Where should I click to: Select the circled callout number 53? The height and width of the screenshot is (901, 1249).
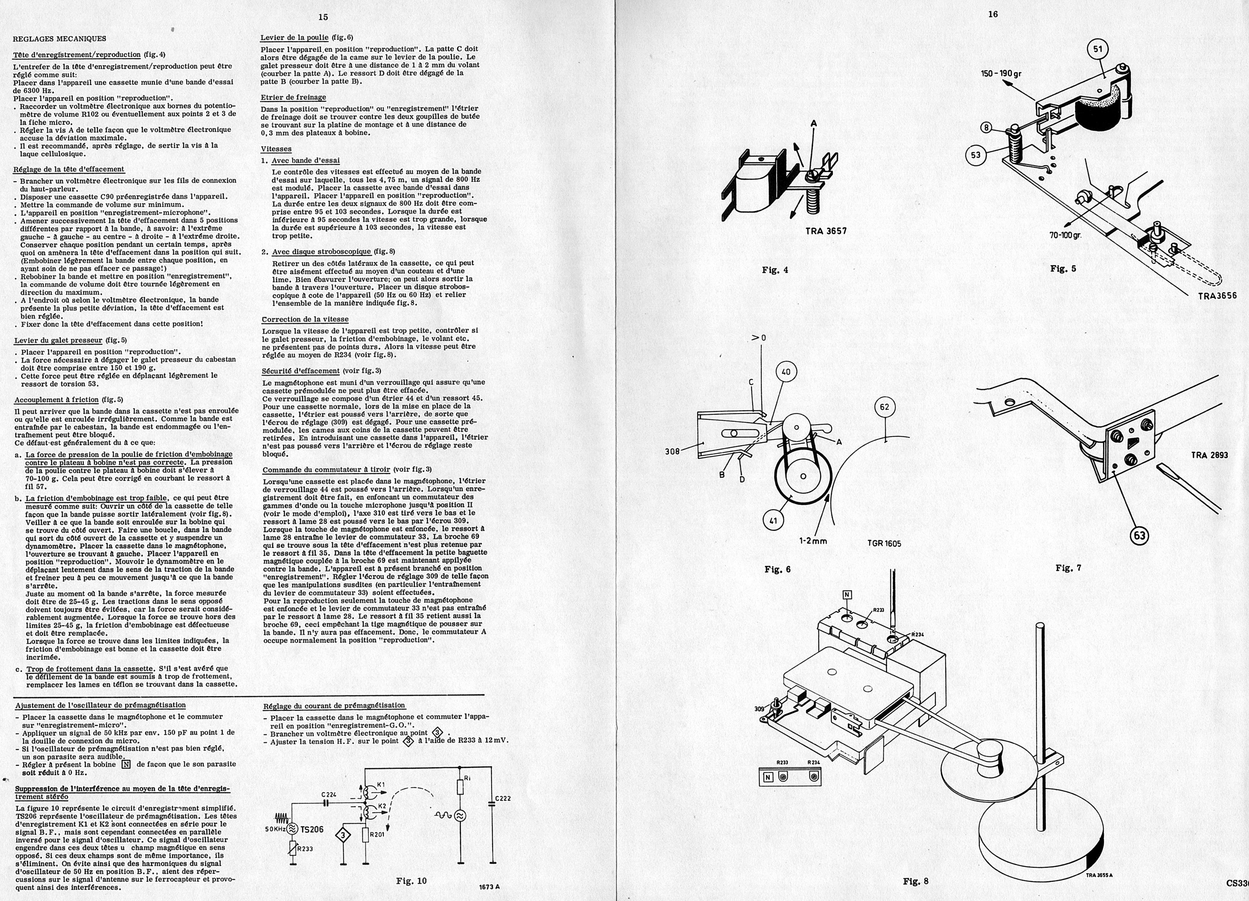pyautogui.click(x=975, y=155)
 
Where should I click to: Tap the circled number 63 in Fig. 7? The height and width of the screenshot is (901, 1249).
pyautogui.click(x=1139, y=535)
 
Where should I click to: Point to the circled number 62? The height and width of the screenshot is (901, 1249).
pyautogui.click(x=884, y=407)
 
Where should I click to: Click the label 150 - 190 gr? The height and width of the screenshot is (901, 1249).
pyautogui.click(x=1001, y=74)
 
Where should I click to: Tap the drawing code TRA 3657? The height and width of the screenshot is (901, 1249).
pyautogui.click(x=826, y=231)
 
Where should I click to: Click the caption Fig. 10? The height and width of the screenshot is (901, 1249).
pyautogui.click(x=411, y=881)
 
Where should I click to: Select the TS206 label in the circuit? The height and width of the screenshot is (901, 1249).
pyautogui.click(x=312, y=829)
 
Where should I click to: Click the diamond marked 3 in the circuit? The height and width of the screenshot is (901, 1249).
pyautogui.click(x=343, y=836)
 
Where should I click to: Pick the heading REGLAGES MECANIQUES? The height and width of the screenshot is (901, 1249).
pyautogui.click(x=60, y=39)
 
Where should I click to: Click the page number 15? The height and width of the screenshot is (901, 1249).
pyautogui.click(x=323, y=17)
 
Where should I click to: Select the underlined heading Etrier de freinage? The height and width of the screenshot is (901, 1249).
pyautogui.click(x=293, y=97)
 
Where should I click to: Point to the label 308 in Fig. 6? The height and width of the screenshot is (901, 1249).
pyautogui.click(x=672, y=451)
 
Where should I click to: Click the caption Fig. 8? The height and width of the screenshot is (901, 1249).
pyautogui.click(x=915, y=881)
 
